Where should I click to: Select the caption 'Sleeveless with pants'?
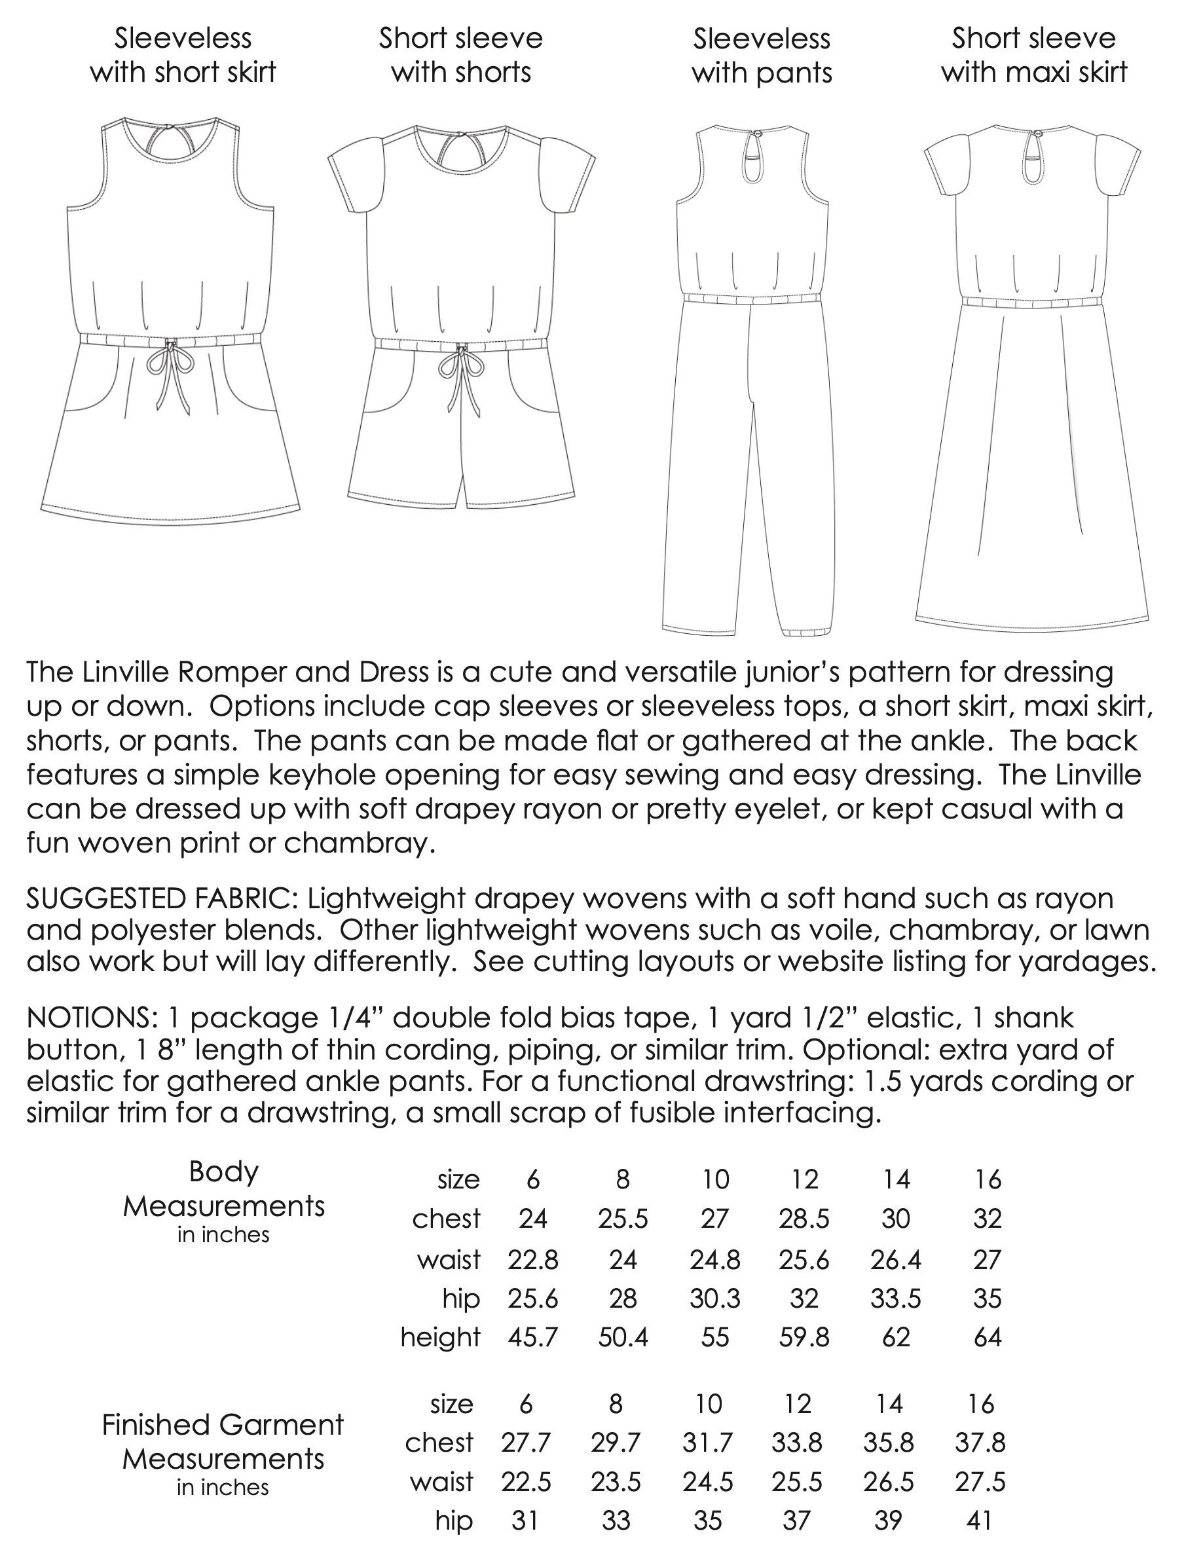click(x=761, y=56)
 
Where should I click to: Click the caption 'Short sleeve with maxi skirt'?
click(x=1034, y=56)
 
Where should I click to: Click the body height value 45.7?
click(x=533, y=1337)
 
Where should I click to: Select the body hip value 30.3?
click(x=714, y=1298)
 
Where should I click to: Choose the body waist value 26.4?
click(x=895, y=1259)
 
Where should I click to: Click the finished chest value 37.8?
click(x=980, y=1443)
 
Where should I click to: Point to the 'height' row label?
click(x=441, y=1337)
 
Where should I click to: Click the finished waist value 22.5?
click(x=526, y=1483)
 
